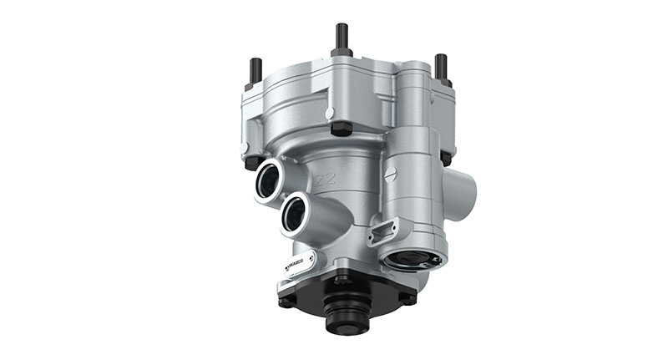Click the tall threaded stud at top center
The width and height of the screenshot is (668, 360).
pos(342,37)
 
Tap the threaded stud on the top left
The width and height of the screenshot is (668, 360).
pos(256,70)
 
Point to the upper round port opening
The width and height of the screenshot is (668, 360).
pos(272,178)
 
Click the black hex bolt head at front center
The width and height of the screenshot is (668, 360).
pos(339,129)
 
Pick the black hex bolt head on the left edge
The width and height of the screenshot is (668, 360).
pos(247,151)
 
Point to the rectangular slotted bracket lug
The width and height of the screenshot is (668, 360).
pos(385,226)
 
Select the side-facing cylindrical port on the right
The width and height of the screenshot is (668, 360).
pos(462,191)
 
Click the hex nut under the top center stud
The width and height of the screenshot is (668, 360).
pos(342,52)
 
